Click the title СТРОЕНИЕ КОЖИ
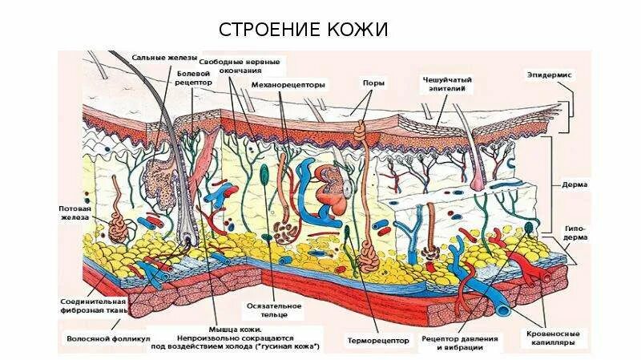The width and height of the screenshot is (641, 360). coord(304,30)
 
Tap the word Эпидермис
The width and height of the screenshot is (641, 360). coord(548,75)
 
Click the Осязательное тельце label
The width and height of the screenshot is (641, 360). coord(274,310)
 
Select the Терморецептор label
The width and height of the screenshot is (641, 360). coord(375,339)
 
